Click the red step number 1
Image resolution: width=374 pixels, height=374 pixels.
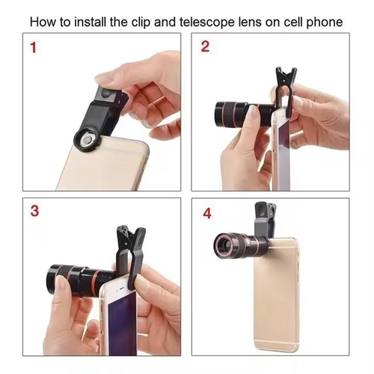[x=32, y=50]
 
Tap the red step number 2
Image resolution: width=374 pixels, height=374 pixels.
[x=206, y=48]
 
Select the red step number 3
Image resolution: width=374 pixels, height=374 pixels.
[x=33, y=211]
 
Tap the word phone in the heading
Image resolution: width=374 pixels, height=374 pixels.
[x=326, y=22]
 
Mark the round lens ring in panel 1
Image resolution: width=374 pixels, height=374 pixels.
[x=86, y=139]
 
